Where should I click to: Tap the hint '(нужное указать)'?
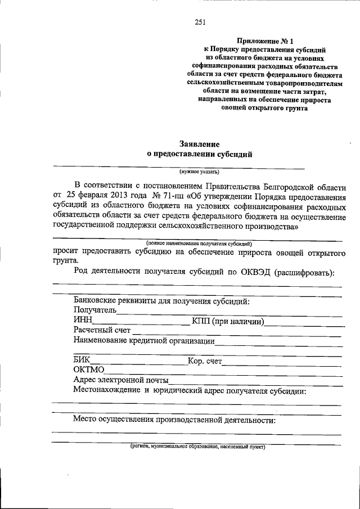click(199, 172)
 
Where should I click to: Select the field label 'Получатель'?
click(94, 310)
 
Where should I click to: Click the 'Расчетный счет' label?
click(101, 331)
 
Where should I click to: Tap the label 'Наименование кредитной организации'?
click(143, 341)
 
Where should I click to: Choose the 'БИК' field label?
click(82, 360)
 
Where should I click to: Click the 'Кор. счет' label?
click(205, 361)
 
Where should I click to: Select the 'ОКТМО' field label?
click(88, 370)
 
